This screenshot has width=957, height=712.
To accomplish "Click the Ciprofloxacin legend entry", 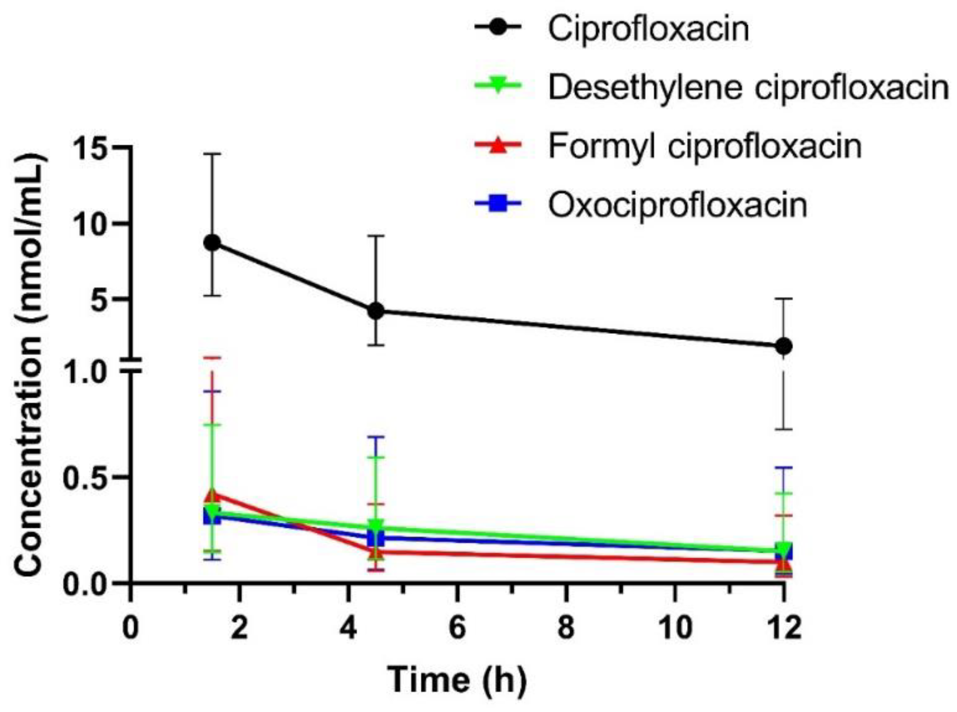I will (648, 29).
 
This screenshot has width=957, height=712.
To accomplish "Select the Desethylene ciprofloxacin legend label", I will (748, 87).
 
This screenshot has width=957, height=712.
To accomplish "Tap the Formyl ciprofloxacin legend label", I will (704, 146).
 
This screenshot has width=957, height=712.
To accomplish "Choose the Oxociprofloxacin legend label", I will (677, 205).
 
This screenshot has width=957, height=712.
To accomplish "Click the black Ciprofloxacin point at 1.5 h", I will (212, 243).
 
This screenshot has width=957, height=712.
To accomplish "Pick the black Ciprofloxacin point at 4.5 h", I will (375, 311).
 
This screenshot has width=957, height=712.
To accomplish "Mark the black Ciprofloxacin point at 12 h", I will (784, 346).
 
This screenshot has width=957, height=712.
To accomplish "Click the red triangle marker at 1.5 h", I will (211, 495).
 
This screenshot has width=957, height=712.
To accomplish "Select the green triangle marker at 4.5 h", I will (375, 526).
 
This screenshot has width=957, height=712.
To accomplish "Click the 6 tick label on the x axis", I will (457, 627).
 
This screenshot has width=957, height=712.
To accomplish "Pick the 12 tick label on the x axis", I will (784, 627).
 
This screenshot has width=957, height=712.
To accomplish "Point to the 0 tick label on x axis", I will (131, 627).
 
